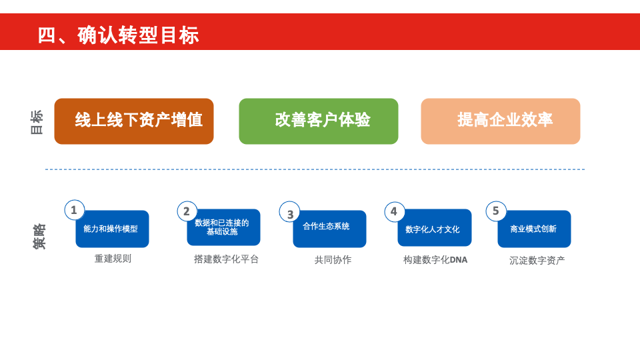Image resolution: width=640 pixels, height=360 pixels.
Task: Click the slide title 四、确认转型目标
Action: pos(119,35)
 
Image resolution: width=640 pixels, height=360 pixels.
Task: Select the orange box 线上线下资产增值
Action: pos(134,121)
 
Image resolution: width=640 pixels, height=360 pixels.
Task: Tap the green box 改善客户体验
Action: pos(319,121)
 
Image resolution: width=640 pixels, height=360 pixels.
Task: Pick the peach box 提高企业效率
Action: pos(501,121)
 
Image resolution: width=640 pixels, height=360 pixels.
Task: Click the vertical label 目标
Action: pos(37,122)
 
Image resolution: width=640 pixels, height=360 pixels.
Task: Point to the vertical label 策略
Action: pos(39,236)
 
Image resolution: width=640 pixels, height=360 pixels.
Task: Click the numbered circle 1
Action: pos(74,210)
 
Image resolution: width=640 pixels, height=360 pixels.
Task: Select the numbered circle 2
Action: pos(187,211)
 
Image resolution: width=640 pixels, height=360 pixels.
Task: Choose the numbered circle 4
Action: pos(395,211)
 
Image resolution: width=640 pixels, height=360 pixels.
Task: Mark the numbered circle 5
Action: pos(496,211)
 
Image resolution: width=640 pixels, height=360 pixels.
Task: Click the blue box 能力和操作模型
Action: pos(112,229)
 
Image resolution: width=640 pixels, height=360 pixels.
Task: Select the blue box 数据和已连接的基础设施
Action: pos(224,227)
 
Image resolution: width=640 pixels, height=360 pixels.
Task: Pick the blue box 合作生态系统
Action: pos(329,229)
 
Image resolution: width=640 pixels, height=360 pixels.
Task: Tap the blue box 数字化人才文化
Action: pos(435,228)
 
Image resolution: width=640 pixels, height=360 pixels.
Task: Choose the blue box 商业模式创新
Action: pos(534,229)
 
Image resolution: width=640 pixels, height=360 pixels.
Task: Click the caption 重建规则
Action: pos(113,259)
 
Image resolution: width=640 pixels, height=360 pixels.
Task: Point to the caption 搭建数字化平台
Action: pos(226,259)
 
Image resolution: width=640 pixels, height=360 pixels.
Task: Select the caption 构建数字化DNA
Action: pos(435,260)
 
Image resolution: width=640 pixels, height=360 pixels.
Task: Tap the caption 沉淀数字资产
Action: pos(537,261)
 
